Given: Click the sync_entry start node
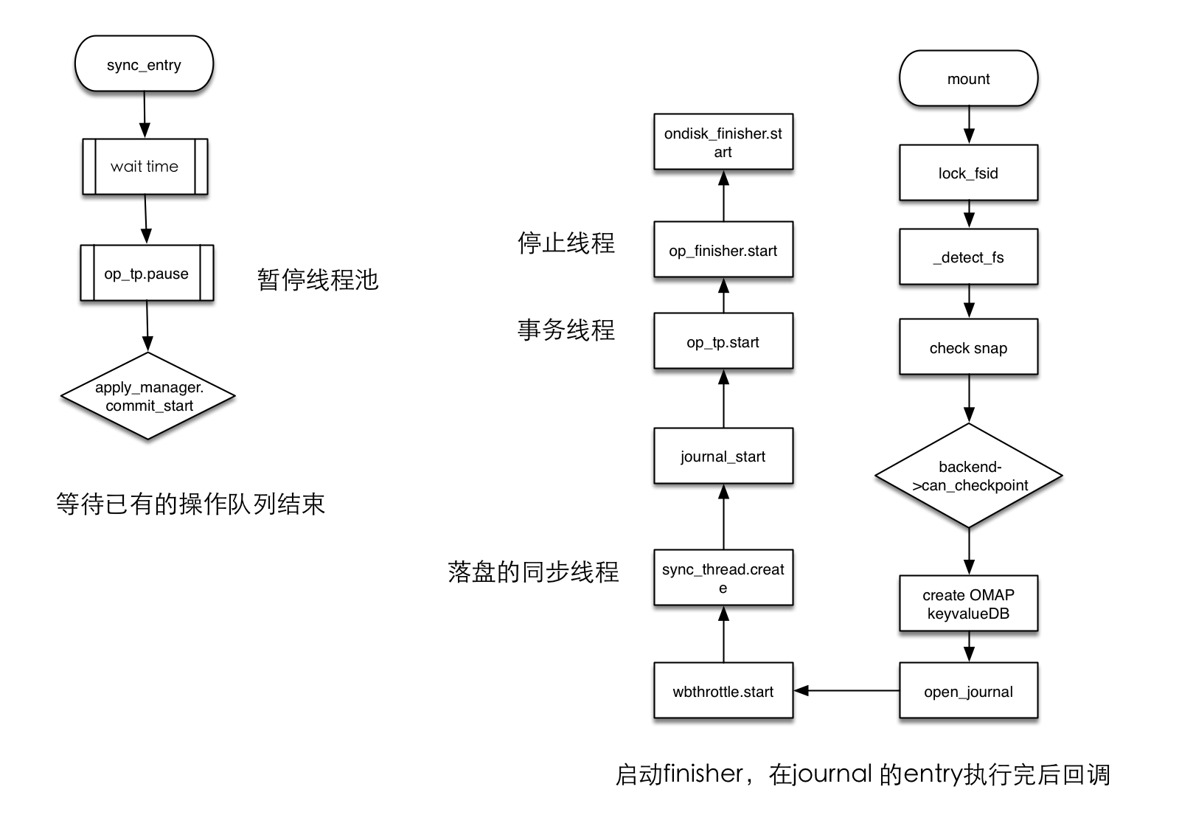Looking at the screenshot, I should coord(144,64).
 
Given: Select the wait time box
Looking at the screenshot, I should coord(145,167).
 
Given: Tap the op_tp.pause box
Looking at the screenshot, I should coord(147,274).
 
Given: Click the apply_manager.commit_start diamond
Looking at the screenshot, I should coord(148,396).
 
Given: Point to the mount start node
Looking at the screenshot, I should coord(968,79).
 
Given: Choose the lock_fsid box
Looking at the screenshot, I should coord(968,173).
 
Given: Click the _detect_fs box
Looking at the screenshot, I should coord(968,257).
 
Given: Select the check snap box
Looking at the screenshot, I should coord(968,347).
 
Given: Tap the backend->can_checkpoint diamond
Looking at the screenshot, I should coord(968,476).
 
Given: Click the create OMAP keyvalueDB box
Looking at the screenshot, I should coord(968,604).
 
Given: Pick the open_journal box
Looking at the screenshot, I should coord(968,691).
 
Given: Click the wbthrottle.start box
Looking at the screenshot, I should coord(723,691).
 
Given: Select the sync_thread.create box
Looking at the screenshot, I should coord(723,578).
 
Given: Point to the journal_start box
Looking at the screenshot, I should coord(723,456).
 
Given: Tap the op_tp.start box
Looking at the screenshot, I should coord(723,341).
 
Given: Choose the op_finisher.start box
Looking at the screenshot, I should coord(723,250).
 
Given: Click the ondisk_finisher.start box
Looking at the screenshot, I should coord(723,142).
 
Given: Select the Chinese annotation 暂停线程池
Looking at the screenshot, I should coord(318,279).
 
